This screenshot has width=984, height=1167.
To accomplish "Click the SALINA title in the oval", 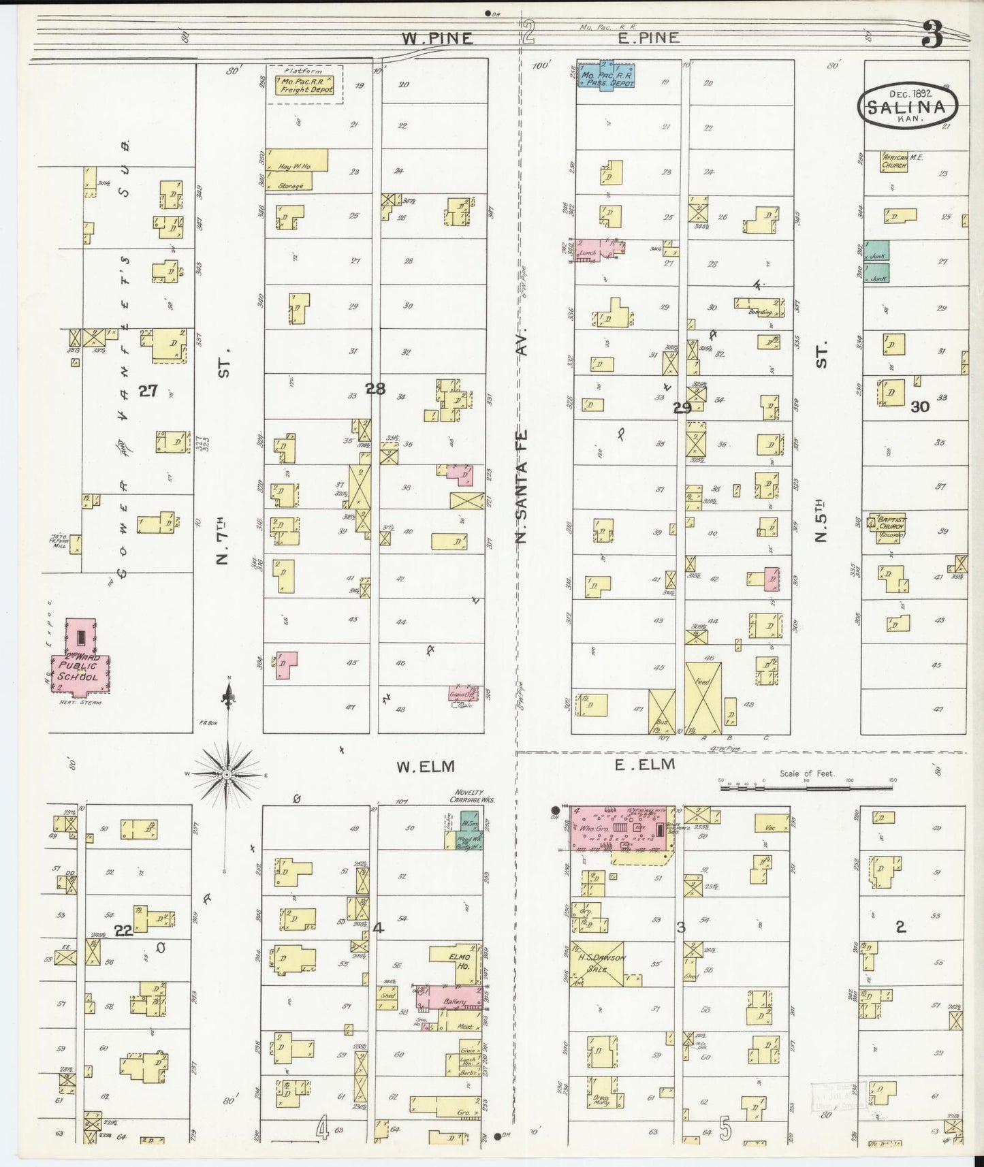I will (906, 107).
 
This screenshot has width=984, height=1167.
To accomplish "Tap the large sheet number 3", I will (932, 35).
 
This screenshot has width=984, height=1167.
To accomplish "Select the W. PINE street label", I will (437, 38).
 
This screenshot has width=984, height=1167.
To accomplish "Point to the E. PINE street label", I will (648, 37).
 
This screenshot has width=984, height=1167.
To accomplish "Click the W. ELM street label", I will (426, 767).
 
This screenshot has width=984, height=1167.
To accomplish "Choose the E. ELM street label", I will (644, 765).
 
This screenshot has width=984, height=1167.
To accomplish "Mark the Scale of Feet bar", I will (806, 787).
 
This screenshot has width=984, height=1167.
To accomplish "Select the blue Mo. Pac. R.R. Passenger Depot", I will (606, 76).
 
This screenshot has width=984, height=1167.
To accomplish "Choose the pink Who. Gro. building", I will (618, 829).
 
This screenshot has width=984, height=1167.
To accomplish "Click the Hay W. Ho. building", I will (297, 160).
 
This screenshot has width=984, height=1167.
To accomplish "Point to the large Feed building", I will (702, 698).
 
